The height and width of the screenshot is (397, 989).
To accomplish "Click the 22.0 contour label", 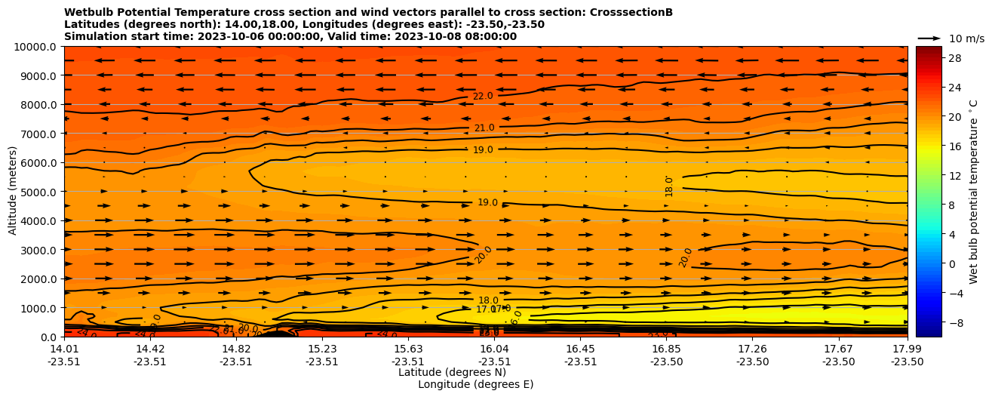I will tap(483, 96).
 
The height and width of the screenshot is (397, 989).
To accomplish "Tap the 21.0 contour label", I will tap(484, 128).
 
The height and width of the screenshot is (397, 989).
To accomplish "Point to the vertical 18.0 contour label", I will tap(669, 186).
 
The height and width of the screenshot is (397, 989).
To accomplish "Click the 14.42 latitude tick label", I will tap(150, 349).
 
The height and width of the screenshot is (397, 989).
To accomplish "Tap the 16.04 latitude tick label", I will tap(494, 349).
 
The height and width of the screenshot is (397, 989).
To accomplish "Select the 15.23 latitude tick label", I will tap(322, 349).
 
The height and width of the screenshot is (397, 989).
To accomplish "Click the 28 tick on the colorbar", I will tap(934, 58).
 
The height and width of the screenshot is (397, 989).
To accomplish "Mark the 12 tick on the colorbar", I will tap(934, 176).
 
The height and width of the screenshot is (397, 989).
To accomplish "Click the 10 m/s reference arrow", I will tap(929, 38).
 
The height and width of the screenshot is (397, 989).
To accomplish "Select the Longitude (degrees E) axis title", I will tap(475, 384).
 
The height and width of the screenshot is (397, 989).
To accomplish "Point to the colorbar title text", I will tap(974, 192).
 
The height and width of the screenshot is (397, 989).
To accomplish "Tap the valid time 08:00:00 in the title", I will tap(489, 37).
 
